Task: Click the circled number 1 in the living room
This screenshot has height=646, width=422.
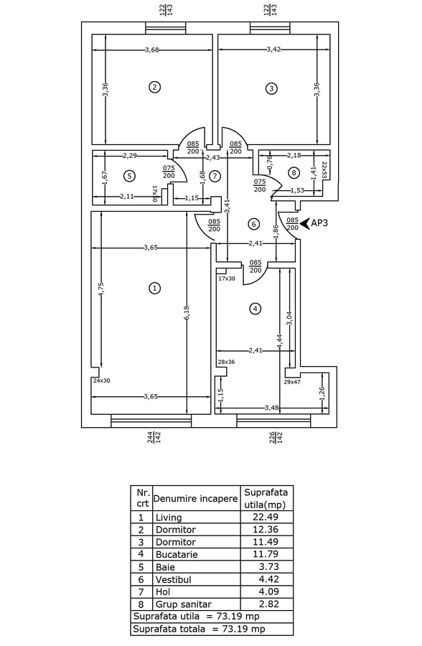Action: pos(154,288)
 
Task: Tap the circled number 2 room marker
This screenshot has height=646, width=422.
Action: pos(154,87)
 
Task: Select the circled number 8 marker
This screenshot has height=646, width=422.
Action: pos(294,172)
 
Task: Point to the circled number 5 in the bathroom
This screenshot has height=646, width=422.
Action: pos(129,176)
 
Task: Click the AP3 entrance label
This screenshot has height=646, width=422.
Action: pos(319,223)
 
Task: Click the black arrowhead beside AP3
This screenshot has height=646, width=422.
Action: pos(305,223)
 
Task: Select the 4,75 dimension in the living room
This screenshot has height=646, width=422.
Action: pos(101,289)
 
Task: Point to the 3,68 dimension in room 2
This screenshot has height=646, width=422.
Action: pos(152,50)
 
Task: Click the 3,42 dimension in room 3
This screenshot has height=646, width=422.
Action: pos(273,49)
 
